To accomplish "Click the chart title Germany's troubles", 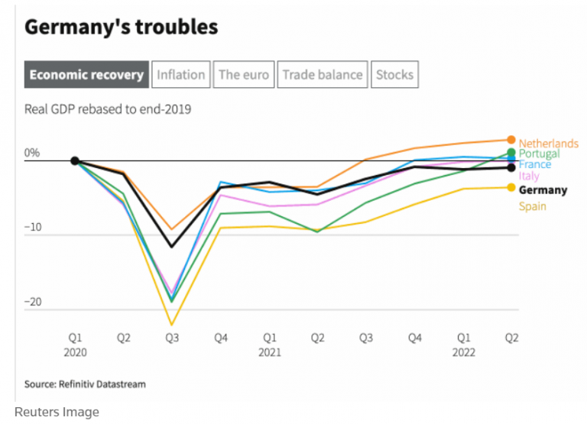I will coord(121,28).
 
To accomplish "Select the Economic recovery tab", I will coord(86,75).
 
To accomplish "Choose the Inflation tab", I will coord(180,75).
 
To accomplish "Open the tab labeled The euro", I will coord(243,75).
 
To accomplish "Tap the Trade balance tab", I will coord(322,75).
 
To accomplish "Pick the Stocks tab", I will coord(394,75).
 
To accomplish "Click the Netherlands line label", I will coord(548,144).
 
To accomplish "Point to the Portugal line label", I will coord(539,154).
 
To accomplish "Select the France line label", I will coord(534,164).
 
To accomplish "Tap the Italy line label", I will coord(529,176).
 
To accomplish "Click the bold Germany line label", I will coord(543,190).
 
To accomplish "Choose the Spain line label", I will coord(532,206).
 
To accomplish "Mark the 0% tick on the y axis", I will coord(32,153).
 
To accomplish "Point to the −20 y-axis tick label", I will coord(32,303).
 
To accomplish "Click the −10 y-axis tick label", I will coord(32,228).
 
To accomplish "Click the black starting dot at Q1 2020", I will coord(75,161).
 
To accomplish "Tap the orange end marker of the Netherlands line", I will coord(511,140).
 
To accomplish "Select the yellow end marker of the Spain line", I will coord(511,187).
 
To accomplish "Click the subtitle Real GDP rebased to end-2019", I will coord(108,109).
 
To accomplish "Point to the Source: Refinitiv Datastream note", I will coord(85,384).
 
